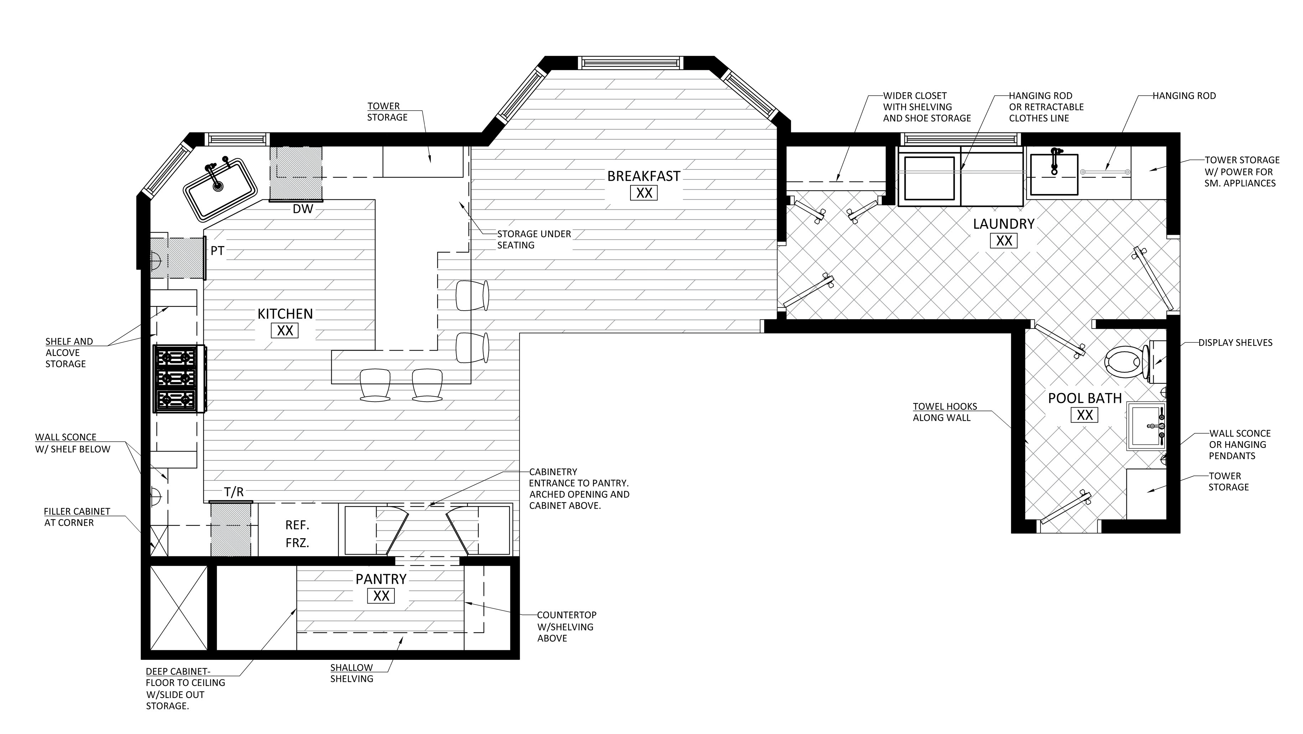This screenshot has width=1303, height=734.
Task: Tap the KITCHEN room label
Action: [x=285, y=314]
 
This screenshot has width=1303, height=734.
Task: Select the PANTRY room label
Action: [x=381, y=579]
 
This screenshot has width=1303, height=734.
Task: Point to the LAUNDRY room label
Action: [x=1003, y=224]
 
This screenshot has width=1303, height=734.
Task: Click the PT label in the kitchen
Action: [x=218, y=250]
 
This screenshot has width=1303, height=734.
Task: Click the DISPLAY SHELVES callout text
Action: [x=1235, y=342]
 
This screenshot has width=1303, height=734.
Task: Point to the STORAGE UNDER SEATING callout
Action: [x=533, y=239]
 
